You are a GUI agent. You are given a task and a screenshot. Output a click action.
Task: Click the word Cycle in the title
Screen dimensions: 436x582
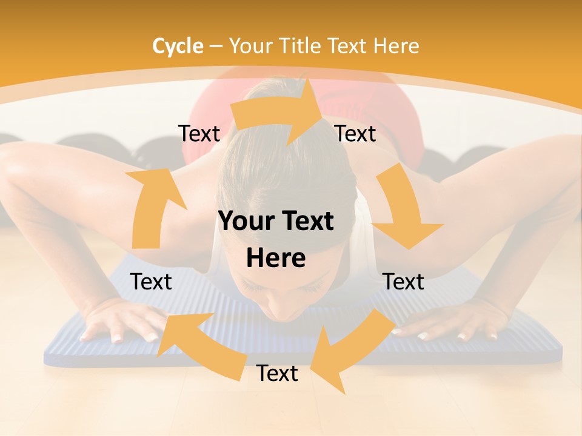point(178,46)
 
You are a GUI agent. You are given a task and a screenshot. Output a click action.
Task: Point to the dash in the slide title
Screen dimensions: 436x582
point(216,47)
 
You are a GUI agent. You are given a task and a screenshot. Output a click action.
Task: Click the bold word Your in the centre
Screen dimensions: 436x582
point(245,222)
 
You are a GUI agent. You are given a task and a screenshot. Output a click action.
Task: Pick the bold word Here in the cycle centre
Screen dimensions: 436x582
point(276,259)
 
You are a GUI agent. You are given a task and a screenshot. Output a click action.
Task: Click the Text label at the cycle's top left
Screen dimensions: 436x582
point(199,134)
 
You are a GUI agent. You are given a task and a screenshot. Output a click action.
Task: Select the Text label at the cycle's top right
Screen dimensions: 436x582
point(355,134)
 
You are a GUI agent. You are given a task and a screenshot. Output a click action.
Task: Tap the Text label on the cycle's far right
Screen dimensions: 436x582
point(404,282)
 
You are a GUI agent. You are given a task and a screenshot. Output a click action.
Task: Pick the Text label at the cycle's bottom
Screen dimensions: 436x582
point(277,374)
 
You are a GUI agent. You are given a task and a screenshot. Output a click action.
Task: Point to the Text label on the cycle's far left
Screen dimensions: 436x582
point(151,282)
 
